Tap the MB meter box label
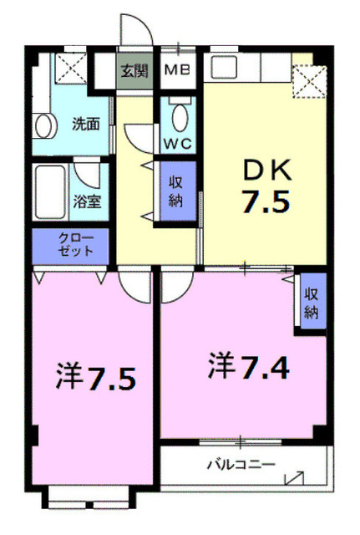click(x=177, y=70)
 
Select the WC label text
click(x=177, y=143)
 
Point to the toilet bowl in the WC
click(x=178, y=115)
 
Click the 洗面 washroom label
click(x=85, y=123)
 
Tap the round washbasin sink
click(x=42, y=125)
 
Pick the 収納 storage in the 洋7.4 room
click(x=312, y=303)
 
